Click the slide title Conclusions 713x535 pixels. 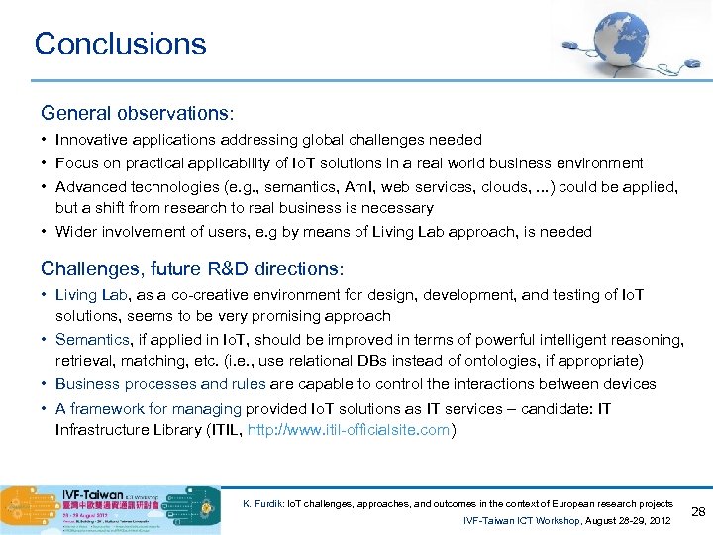[x=120, y=44]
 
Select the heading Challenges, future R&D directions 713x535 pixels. [x=192, y=268]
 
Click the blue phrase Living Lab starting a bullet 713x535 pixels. [x=90, y=294]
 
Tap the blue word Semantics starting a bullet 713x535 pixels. [x=92, y=340]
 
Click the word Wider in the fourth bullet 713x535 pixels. [x=76, y=232]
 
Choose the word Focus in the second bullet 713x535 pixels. [x=76, y=163]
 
